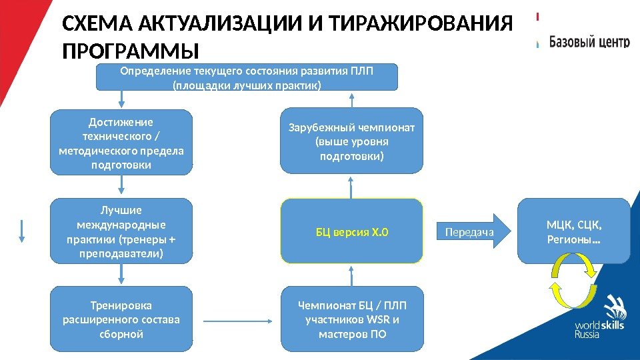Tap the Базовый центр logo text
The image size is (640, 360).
click(589, 41)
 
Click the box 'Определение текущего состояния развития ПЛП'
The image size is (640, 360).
click(247, 77)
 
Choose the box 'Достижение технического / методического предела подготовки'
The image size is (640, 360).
click(121, 143)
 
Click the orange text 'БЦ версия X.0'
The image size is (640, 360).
click(351, 232)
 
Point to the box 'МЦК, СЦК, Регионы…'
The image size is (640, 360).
click(573, 231)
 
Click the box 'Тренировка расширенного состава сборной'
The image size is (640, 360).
click(121, 319)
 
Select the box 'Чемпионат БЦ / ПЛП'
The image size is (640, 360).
click(351, 319)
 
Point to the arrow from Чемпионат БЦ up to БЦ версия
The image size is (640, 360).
click(351, 275)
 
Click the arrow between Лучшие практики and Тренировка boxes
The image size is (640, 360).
click(121, 273)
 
